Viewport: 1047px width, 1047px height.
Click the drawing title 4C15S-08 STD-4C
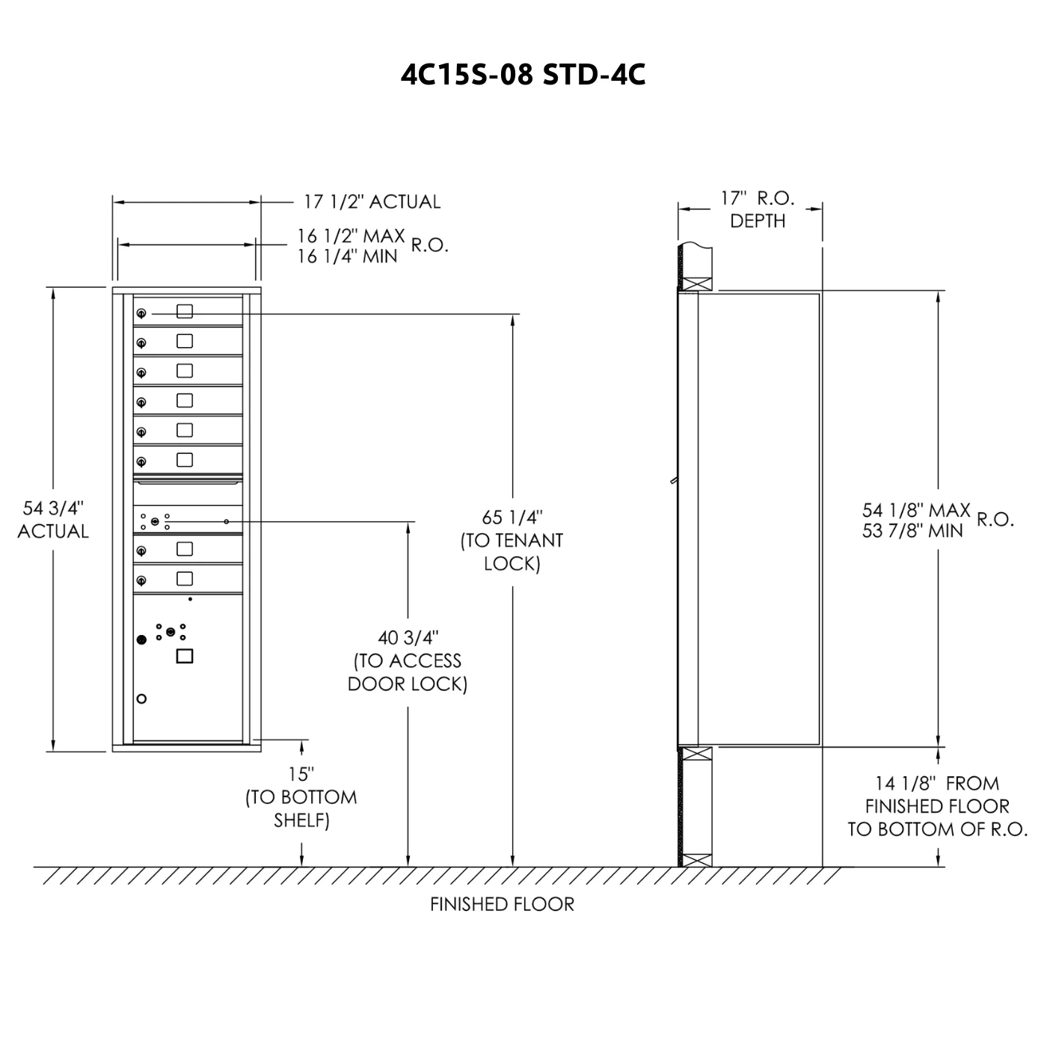(523, 75)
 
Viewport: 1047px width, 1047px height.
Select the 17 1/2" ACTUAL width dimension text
(372, 202)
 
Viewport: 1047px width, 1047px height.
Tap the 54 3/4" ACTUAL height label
(52, 520)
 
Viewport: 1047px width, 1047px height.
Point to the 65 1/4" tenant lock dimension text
(512, 540)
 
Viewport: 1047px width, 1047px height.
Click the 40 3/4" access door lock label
(408, 660)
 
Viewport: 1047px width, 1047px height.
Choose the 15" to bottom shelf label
(301, 797)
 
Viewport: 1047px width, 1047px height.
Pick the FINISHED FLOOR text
(502, 904)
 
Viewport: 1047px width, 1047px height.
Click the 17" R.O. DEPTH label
(758, 209)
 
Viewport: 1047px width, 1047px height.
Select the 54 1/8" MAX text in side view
(916, 509)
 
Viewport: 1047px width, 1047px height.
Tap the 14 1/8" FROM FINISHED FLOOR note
(937, 805)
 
